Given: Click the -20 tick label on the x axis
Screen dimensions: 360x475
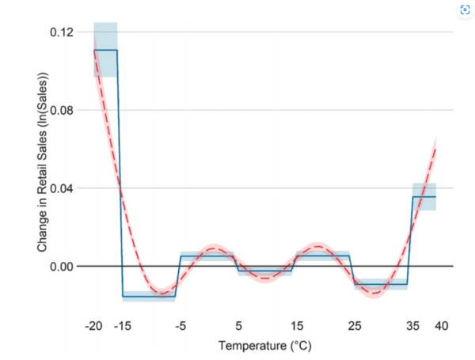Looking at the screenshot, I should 93,326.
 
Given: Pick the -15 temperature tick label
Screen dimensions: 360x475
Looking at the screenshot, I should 122,326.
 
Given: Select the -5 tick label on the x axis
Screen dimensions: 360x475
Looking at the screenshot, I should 180,326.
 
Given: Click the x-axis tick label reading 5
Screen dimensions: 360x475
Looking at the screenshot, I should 238,326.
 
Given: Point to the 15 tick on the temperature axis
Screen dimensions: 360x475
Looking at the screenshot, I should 296,326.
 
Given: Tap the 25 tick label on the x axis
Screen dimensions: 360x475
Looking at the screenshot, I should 354,326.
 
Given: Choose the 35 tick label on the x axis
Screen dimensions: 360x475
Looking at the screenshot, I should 412,326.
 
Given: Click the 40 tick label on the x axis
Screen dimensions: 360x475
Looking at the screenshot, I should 441,326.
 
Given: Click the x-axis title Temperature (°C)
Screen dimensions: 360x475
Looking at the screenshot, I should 265,346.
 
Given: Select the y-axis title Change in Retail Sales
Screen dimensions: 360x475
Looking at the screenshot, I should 44,162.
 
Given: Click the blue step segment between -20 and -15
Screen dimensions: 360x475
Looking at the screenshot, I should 105,50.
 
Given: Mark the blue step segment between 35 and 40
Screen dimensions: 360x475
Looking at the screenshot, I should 424,196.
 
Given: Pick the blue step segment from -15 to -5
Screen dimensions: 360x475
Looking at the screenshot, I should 149,296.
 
